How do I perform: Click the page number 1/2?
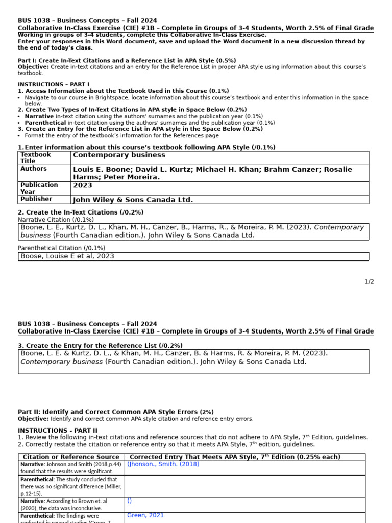(x=369, y=281)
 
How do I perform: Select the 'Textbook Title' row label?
(x=36, y=157)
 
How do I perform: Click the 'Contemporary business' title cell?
(x=119, y=155)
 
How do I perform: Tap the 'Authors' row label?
(x=34, y=169)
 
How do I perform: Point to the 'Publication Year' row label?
(x=39, y=188)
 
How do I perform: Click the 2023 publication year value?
(x=83, y=185)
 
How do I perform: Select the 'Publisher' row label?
(x=36, y=199)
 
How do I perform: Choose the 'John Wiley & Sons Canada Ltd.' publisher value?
(x=133, y=200)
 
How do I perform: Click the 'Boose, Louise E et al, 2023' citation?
(x=67, y=256)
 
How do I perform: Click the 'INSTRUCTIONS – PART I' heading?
(x=54, y=84)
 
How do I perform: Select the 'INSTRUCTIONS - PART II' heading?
(x=58, y=431)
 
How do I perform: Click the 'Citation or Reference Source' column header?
(x=71, y=457)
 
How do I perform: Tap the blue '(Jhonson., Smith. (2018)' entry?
(x=163, y=464)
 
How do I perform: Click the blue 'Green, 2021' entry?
(x=145, y=515)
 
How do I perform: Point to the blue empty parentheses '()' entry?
(x=130, y=501)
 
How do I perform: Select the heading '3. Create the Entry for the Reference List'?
(x=100, y=346)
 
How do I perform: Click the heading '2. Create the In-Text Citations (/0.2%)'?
(x=81, y=212)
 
